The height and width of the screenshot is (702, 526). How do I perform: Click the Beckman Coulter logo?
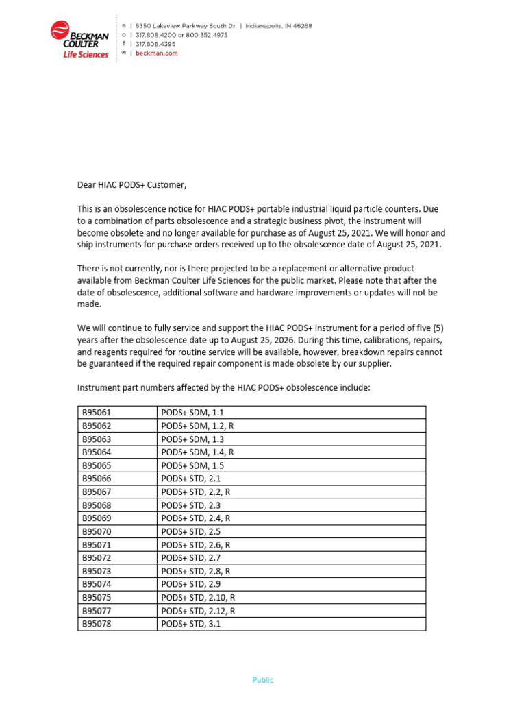[79, 39]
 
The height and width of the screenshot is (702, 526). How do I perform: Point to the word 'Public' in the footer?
[262, 680]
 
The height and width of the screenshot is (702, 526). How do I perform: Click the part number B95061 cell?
[96, 413]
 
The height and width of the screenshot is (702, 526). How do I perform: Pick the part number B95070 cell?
[96, 531]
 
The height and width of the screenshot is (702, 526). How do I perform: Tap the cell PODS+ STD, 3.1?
[191, 625]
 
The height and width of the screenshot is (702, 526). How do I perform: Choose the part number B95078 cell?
[96, 625]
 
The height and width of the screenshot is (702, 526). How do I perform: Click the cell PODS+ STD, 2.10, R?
[198, 597]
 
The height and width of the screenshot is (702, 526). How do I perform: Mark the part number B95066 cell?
[96, 479]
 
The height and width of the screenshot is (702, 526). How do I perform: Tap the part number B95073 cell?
[96, 571]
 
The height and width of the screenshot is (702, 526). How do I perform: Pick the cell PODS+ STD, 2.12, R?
[198, 611]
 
